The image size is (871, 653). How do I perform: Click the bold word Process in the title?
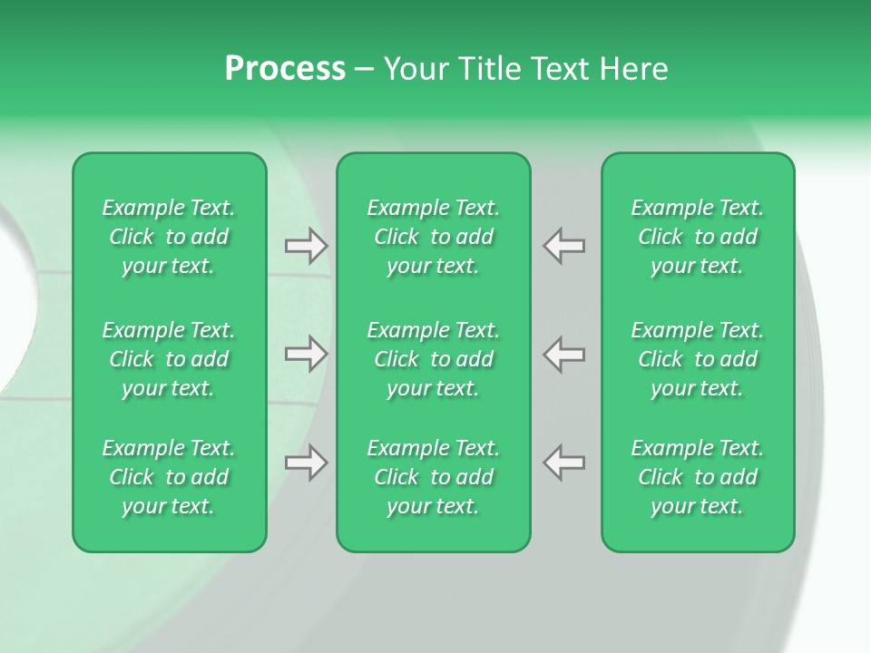click(x=285, y=69)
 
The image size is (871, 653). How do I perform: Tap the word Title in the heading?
click(x=487, y=69)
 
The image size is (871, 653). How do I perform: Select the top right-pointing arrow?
click(x=306, y=246)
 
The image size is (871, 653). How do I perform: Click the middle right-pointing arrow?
click(x=306, y=354)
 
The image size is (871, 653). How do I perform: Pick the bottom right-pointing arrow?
click(x=306, y=463)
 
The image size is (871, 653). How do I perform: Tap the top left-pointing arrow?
click(x=564, y=246)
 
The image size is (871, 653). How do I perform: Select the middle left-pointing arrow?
click(x=564, y=354)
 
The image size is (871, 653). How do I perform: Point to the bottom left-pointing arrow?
click(x=564, y=463)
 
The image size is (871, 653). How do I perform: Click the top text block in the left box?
click(x=169, y=237)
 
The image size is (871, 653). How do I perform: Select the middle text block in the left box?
click(x=169, y=359)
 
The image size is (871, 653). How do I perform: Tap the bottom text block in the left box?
click(x=169, y=477)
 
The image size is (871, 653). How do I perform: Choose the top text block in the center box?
click(x=434, y=237)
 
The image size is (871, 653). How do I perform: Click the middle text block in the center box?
click(x=434, y=359)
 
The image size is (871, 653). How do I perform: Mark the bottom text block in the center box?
click(x=434, y=477)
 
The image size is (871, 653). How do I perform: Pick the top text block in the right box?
click(x=698, y=237)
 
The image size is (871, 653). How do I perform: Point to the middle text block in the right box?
click(x=698, y=359)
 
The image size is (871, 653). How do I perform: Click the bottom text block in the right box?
click(x=698, y=477)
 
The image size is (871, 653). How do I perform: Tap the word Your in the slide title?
click(x=416, y=69)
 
